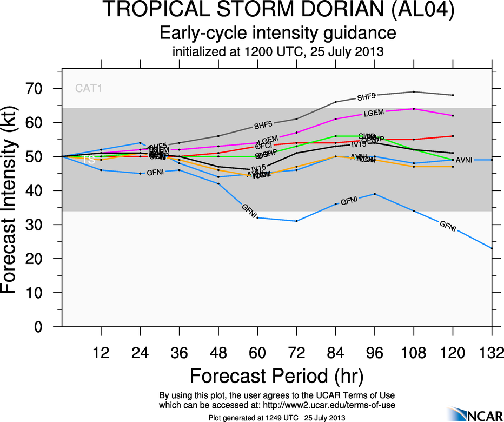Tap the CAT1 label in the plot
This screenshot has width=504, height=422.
click(x=88, y=88)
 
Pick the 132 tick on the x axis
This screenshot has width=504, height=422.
click(x=492, y=353)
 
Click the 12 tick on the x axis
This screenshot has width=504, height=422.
click(x=101, y=353)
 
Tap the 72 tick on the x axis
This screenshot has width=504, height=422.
click(x=296, y=353)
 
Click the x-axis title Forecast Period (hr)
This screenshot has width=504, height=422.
click(x=276, y=376)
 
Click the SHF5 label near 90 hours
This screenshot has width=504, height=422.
click(x=366, y=97)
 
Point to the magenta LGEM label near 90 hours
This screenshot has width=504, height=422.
click(x=373, y=113)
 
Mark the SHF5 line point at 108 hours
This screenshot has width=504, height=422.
click(x=414, y=91)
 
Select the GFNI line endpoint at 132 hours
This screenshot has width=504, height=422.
click(x=492, y=248)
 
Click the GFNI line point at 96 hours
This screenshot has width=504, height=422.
click(x=375, y=194)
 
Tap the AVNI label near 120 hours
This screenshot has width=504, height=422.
click(x=465, y=160)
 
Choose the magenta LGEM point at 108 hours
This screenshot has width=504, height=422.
click(x=414, y=109)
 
